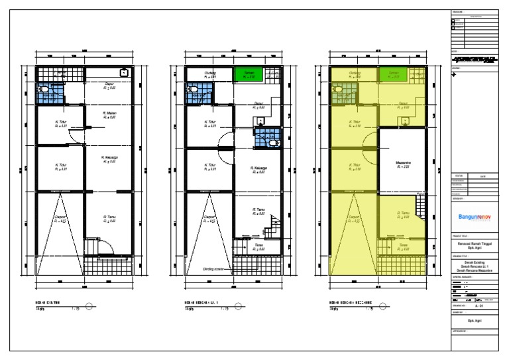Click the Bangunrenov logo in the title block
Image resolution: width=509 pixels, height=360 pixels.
tap(474, 217)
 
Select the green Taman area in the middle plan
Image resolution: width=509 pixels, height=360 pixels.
tap(249, 75)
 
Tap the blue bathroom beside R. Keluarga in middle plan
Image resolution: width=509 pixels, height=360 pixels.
tap(267, 139)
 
